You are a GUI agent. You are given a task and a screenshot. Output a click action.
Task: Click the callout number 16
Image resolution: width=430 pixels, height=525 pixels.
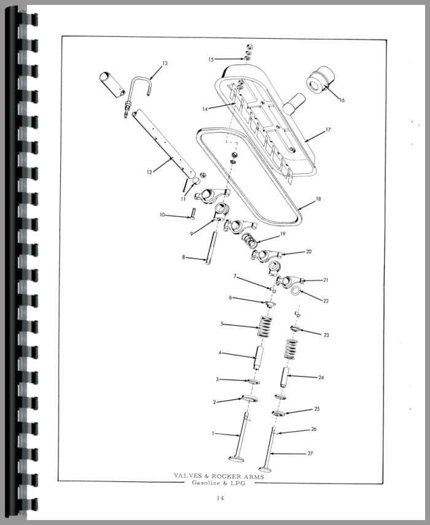342,100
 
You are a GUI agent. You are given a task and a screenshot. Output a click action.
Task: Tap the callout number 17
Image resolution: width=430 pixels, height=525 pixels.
328,130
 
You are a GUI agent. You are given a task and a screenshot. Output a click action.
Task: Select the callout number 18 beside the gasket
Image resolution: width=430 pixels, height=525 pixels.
318,199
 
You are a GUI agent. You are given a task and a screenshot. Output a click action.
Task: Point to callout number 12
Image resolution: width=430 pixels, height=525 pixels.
149,172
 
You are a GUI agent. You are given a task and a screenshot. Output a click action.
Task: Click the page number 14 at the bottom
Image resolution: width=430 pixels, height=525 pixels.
220,498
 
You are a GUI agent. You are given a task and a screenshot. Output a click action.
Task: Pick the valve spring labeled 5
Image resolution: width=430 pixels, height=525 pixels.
264,326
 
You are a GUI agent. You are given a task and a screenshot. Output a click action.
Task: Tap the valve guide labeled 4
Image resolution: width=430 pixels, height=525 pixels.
259,358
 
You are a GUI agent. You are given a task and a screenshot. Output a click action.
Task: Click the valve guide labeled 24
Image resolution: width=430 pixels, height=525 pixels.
286,377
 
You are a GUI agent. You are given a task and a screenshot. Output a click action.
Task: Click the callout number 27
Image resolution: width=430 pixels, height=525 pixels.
310,453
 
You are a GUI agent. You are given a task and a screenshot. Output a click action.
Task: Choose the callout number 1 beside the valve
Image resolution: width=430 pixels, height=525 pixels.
213,433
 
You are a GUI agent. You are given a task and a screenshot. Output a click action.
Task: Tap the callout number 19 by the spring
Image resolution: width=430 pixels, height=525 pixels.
283,234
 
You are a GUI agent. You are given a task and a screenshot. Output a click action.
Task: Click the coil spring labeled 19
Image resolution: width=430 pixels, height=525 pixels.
249,240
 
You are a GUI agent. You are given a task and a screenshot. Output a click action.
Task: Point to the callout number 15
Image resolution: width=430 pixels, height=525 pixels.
211,60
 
